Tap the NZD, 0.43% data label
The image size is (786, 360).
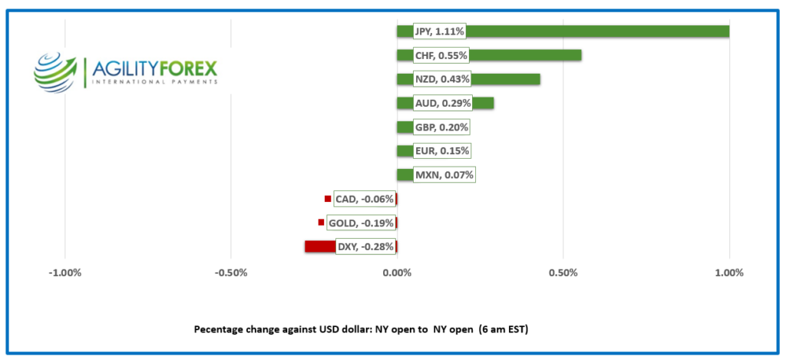(441, 79)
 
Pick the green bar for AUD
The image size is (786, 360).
(481, 103)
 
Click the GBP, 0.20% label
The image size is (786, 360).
(441, 127)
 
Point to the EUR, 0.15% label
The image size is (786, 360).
(441, 150)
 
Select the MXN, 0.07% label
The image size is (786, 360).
(444, 175)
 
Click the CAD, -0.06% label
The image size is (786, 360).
(365, 199)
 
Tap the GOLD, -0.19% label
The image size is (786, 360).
(361, 223)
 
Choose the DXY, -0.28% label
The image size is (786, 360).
(365, 246)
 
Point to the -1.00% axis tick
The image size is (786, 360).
(64, 273)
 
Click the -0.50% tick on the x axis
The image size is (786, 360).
(230, 273)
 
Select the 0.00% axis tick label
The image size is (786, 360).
(397, 273)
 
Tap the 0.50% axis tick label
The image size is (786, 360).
(563, 273)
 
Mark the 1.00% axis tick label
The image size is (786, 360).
(728, 273)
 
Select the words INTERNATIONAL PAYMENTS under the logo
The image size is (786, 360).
(154, 81)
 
